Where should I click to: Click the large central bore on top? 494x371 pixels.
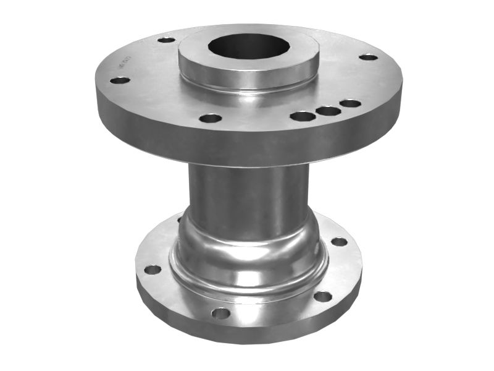pyautogui.click(x=247, y=46)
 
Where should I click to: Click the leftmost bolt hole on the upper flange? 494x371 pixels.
pyautogui.click(x=120, y=80)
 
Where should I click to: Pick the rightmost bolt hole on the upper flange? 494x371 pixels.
pyautogui.click(x=368, y=57)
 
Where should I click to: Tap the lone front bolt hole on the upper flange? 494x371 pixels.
pyautogui.click(x=211, y=117)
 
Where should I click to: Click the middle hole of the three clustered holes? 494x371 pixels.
pyautogui.click(x=327, y=111)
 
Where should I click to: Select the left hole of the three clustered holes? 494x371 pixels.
pyautogui.click(x=303, y=116)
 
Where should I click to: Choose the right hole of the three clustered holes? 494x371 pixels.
pyautogui.click(x=350, y=103)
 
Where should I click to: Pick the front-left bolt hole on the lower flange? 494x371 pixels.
pyautogui.click(x=220, y=313)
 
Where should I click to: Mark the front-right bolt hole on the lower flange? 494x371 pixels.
pyautogui.click(x=322, y=296)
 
